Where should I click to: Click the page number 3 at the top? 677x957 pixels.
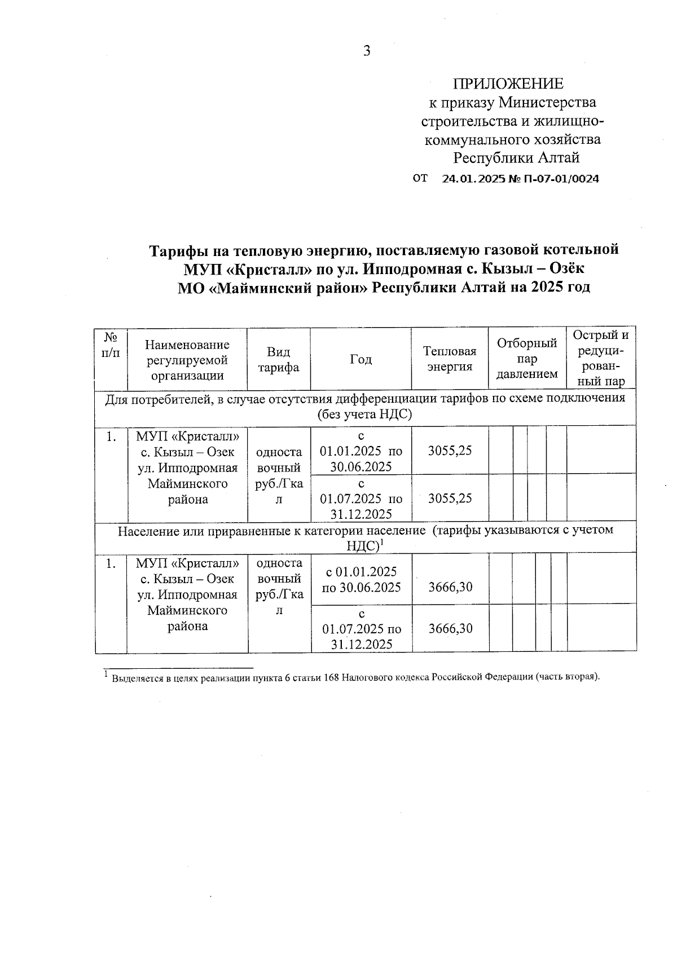coord(367,51)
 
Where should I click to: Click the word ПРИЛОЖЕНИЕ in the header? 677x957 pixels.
coord(508,84)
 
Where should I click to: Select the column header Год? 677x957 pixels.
coord(361,359)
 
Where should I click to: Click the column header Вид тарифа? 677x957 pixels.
coord(279,360)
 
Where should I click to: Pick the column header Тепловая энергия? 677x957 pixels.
coord(450,359)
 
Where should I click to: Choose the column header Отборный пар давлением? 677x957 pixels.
coord(527,359)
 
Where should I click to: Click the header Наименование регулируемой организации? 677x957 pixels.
coord(187,360)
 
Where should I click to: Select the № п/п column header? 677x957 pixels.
coord(111,345)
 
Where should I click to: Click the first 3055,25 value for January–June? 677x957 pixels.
coord(450,451)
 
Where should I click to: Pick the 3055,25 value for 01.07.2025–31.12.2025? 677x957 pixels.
coord(450,499)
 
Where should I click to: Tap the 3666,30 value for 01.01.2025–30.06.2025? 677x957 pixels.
coord(450,587)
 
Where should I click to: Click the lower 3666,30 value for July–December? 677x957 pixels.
coord(450,628)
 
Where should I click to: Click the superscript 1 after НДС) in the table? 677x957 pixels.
coord(382,543)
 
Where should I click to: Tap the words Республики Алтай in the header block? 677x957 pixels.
coord(517,157)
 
